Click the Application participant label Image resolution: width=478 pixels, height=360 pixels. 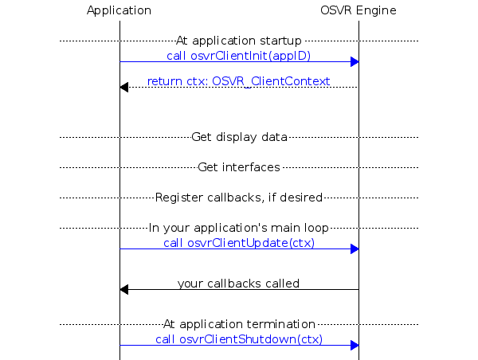pos(119,10)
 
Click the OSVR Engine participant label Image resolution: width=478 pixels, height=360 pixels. pos(358,10)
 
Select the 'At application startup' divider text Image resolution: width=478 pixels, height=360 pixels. pos(239,40)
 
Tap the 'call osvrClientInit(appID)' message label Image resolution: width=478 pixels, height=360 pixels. pos(239,56)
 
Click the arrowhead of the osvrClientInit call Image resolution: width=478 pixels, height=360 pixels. pos(355,62)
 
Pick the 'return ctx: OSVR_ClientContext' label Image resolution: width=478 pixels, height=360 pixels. pos(239,81)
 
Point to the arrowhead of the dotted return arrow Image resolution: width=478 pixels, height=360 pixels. pos(123,87)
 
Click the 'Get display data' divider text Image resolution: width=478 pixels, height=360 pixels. pos(239,137)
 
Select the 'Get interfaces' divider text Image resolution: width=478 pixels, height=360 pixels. pos(239,167)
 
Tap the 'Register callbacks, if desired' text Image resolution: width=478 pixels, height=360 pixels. pos(239,197)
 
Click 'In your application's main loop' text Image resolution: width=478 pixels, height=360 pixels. pos(239,228)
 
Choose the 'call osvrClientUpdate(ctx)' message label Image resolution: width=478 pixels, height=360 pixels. pos(239,243)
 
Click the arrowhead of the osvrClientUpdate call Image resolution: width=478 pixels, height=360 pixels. pos(355,249)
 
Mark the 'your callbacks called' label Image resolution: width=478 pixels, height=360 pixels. pos(239,283)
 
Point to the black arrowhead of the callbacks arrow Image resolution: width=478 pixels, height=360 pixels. pos(123,289)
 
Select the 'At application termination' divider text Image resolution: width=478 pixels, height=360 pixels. pos(239,324)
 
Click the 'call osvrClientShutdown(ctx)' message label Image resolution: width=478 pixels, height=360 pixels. pos(239,339)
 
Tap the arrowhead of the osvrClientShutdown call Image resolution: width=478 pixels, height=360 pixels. pos(355,345)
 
